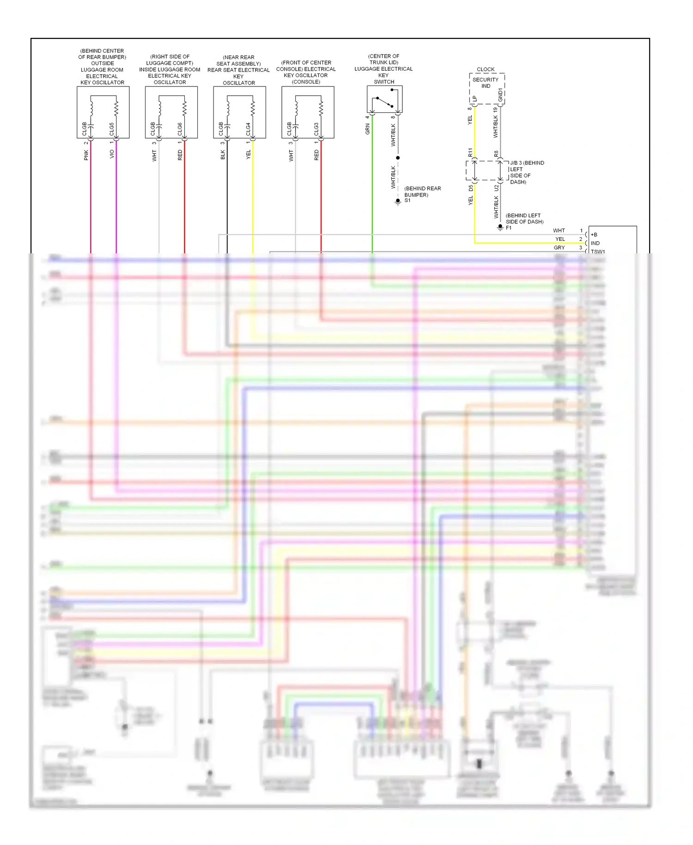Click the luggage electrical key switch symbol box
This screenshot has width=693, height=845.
pos(384,99)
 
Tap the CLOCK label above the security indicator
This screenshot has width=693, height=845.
pos(486,69)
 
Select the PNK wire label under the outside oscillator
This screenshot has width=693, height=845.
pos(86,155)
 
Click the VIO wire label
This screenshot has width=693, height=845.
pos(112,154)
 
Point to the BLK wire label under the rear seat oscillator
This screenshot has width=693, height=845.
pos(223,155)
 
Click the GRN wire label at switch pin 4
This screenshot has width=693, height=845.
pos(368,129)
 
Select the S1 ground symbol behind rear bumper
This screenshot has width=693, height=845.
pos(398,202)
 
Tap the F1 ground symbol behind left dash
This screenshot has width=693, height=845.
pos(500,227)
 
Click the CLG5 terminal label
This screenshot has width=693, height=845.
pos(112,129)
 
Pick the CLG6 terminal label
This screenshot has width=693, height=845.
pos(180,129)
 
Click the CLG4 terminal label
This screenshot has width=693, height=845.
pos(249,129)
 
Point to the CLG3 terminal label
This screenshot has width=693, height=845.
pos(316,129)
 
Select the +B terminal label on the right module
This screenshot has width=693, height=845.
pos(594,235)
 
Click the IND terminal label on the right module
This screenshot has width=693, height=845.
pos(595,243)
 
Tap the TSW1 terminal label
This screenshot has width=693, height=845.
pos(598,252)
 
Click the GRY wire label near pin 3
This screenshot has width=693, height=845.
pos(559,248)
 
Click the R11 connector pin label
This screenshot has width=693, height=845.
pos(470,152)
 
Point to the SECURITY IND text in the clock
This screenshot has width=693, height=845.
pos(486,83)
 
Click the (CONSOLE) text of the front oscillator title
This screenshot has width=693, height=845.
pos(306,82)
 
